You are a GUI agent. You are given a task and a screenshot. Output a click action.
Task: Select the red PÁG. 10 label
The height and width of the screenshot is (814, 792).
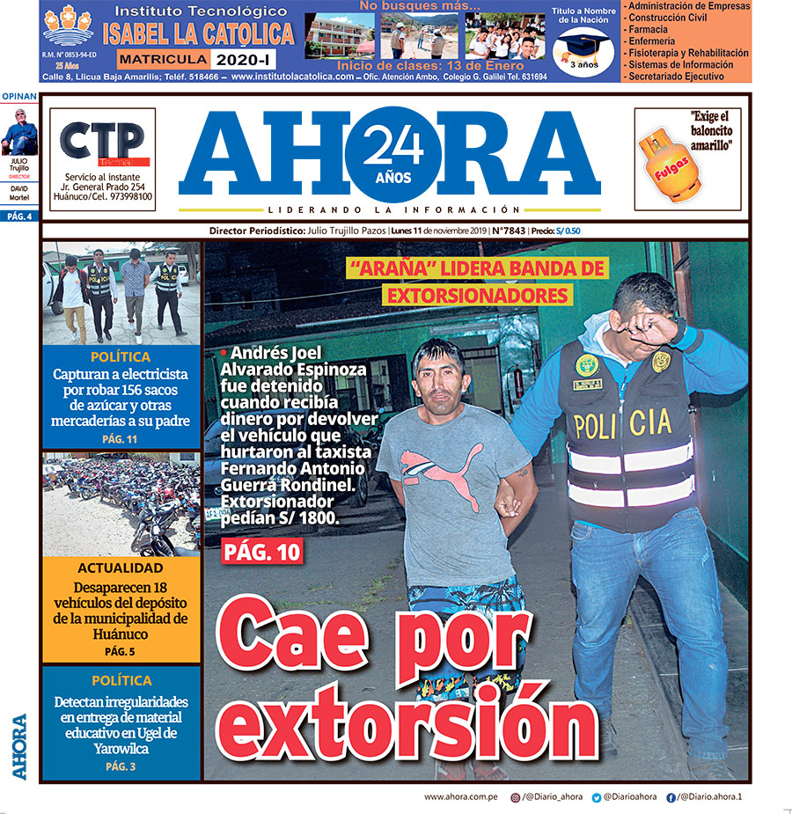[x=262, y=552]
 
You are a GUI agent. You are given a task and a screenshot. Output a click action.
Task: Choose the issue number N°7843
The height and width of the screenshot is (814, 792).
[x=509, y=231]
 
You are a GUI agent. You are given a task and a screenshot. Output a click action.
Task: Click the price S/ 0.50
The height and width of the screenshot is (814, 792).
[x=568, y=231]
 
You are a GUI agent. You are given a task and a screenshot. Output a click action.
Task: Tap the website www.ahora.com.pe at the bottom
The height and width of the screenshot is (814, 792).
[x=461, y=796]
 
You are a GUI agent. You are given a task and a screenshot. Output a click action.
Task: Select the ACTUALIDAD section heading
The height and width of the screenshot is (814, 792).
[x=121, y=568]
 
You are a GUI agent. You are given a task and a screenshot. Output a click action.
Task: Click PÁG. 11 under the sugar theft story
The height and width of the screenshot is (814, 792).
[x=121, y=439]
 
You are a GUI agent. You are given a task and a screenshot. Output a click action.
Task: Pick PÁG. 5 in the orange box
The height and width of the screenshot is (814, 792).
[x=121, y=652]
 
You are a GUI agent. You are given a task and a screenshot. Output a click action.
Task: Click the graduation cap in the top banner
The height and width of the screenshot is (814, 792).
[x=583, y=46]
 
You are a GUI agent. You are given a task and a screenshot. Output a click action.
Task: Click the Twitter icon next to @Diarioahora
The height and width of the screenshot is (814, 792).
[x=596, y=797]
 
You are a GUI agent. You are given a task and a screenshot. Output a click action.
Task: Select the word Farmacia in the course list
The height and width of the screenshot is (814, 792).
[x=649, y=29]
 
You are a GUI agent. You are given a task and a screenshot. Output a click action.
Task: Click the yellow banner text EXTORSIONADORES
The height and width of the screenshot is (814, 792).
[x=477, y=294]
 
